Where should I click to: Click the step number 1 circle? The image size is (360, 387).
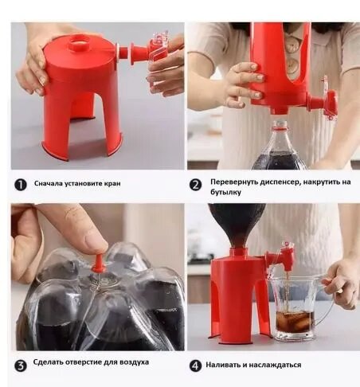click(21, 185)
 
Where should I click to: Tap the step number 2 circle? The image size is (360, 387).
click(196, 185)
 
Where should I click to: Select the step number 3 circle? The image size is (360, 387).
click(21, 365)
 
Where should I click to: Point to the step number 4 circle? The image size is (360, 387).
click(196, 365)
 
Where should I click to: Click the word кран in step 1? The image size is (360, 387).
click(112, 183)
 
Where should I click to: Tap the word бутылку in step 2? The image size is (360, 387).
click(225, 192)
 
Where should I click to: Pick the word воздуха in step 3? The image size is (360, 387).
click(134, 362)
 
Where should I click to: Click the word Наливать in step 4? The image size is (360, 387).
click(222, 365)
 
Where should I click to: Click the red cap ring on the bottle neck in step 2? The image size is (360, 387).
click(280, 128)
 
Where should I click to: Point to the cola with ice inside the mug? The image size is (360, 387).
click(295, 322)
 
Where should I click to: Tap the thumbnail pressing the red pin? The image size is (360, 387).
click(95, 242)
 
